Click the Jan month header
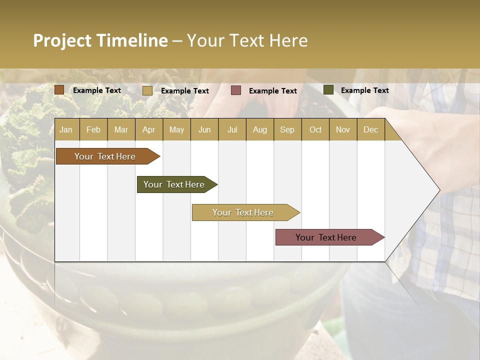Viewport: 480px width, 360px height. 66,129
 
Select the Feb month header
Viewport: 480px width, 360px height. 93,129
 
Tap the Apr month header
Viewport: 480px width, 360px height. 148,129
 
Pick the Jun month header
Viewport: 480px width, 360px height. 204,129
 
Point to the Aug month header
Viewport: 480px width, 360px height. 259,129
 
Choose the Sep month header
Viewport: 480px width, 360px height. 287,129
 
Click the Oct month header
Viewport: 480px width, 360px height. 315,129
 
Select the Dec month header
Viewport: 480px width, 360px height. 370,129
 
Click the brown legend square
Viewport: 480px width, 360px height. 59,90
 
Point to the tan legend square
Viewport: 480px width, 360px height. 147,90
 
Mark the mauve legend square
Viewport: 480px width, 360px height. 236,90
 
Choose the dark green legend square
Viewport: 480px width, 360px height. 328,90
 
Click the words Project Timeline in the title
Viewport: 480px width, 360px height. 100,40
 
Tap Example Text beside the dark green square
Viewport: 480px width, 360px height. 364,90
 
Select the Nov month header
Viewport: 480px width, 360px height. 343,129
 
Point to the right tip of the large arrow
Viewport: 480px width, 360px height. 438,190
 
